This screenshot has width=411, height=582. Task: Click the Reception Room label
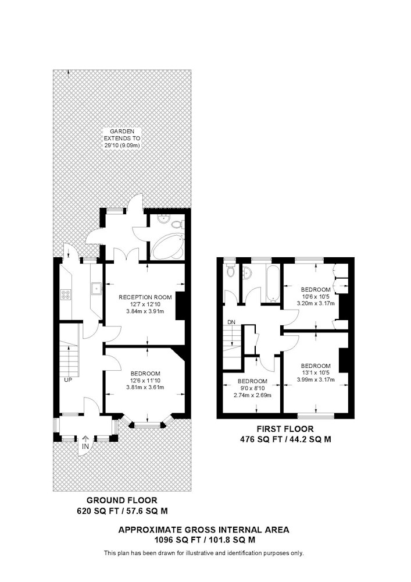[145, 297]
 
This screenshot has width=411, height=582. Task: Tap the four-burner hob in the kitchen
[66, 294]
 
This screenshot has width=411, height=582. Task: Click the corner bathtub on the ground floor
[168, 246]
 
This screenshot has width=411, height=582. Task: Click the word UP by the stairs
[68, 380]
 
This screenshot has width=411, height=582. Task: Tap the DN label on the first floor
[231, 322]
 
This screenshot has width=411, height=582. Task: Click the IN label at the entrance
[85, 446]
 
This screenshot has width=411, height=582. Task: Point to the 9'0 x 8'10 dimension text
[252, 388]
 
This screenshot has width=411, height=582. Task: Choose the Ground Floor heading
[122, 501]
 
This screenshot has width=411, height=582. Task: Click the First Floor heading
[285, 429]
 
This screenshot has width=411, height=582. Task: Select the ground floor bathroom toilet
[178, 223]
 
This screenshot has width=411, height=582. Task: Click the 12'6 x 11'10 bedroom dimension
[145, 381]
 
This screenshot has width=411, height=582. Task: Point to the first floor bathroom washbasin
[247, 273]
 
